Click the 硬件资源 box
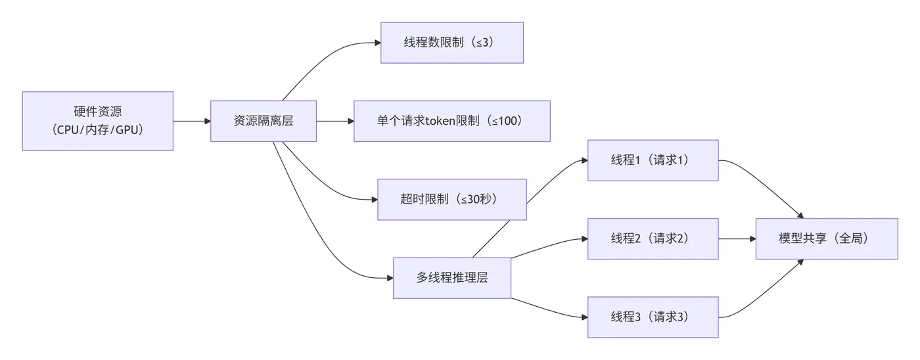coord(97,121)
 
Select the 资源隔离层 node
coord(264,121)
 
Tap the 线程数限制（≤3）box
coord(451,43)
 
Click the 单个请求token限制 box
coord(451,121)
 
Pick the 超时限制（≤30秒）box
coord(451,199)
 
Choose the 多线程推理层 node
coord(451,278)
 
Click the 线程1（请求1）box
coord(653,160)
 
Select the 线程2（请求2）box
coord(653,238)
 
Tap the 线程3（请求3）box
coord(653,317)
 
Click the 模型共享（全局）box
coord(826,238)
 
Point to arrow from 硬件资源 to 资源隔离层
coord(191,121)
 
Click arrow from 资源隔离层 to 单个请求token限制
coord(334,121)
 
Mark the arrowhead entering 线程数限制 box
coord(377,43)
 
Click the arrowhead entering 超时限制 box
coord(374,199)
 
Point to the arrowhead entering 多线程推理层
coord(389,278)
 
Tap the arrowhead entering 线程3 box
coord(584,317)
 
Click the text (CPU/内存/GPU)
coord(97,129)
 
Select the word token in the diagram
coord(435,121)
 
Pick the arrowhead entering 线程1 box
coord(584,160)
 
